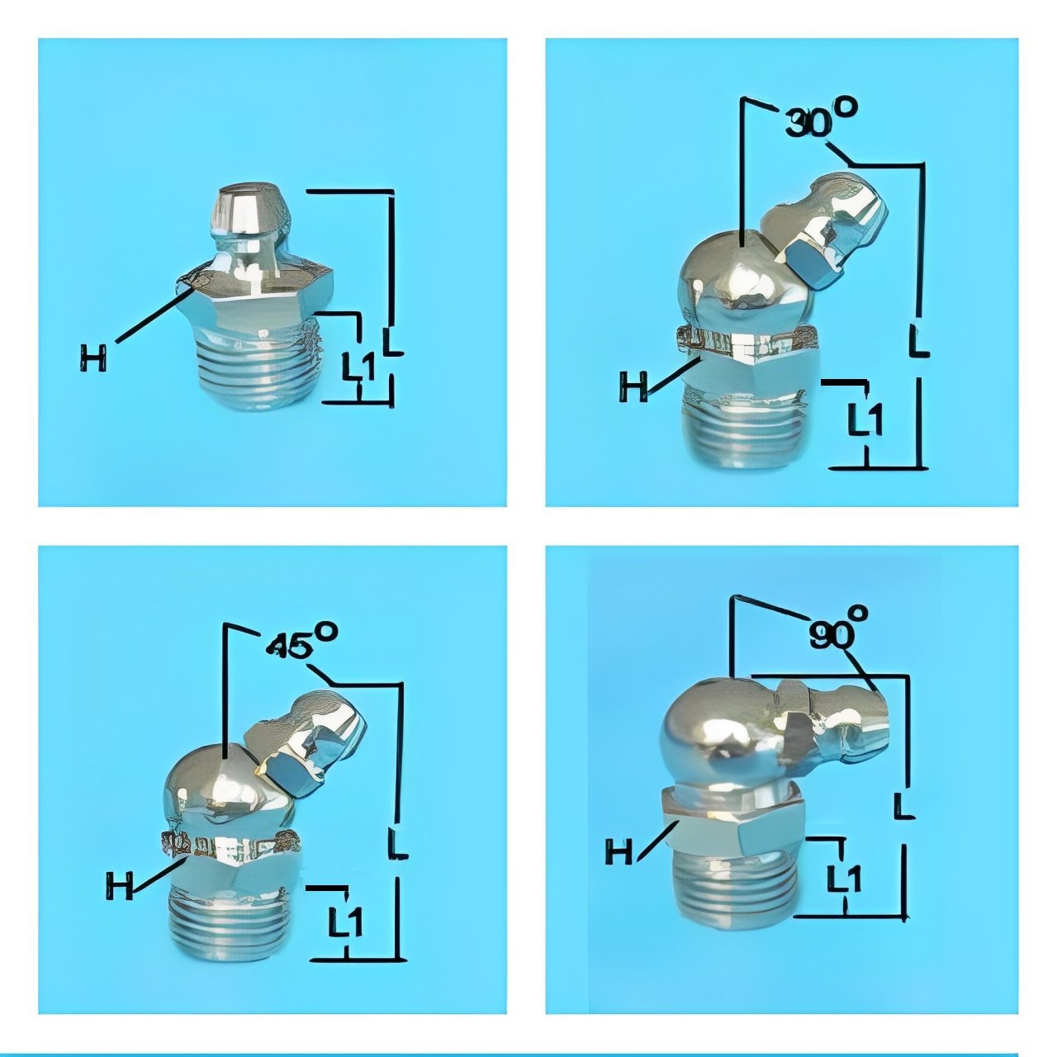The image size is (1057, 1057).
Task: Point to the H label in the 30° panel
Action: coord(633,386)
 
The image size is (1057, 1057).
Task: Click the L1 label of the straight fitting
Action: coord(358,367)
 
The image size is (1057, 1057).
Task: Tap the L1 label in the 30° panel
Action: coord(865,419)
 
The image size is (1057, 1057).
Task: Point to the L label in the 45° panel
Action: coord(397,843)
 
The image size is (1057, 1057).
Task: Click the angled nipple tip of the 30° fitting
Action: coord(834,230)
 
